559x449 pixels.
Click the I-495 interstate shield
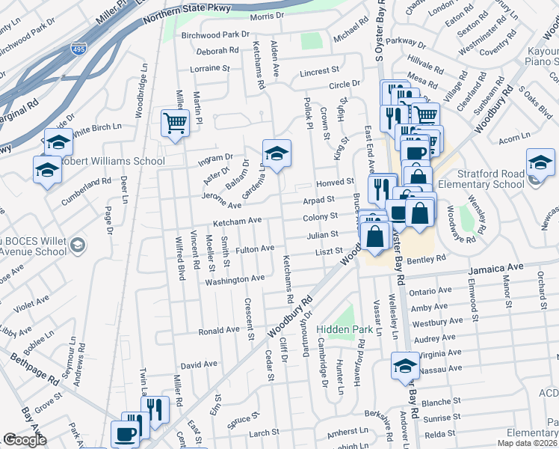tap(78, 50)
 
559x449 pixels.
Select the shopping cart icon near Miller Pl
tap(175, 123)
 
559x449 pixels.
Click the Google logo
tap(25, 440)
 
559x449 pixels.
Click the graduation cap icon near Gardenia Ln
tap(277, 153)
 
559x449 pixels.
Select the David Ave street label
tap(198, 365)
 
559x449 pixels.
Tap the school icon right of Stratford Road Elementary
tap(540, 162)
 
